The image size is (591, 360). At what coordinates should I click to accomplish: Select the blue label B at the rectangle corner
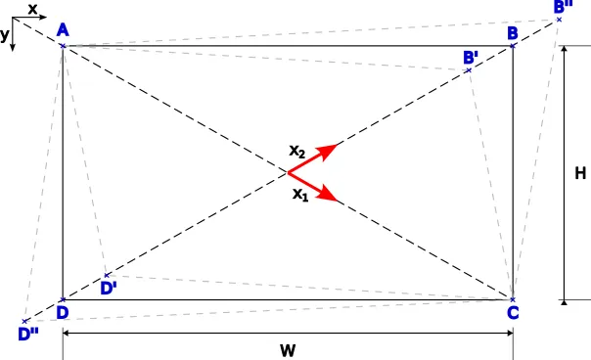click(513, 33)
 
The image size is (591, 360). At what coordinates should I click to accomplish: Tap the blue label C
click(513, 313)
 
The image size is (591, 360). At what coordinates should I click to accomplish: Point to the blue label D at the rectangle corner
click(62, 313)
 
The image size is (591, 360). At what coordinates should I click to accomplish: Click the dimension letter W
click(287, 349)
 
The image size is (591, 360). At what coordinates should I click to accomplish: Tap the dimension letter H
click(579, 173)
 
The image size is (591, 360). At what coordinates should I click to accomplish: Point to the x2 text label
click(297, 152)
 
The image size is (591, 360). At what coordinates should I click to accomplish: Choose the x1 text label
click(300, 194)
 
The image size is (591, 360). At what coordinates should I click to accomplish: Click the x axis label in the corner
click(32, 9)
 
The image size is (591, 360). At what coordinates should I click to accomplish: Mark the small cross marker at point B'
click(468, 69)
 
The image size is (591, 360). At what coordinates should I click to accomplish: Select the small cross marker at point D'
click(107, 275)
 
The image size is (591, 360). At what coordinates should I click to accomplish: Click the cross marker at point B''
click(559, 19)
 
